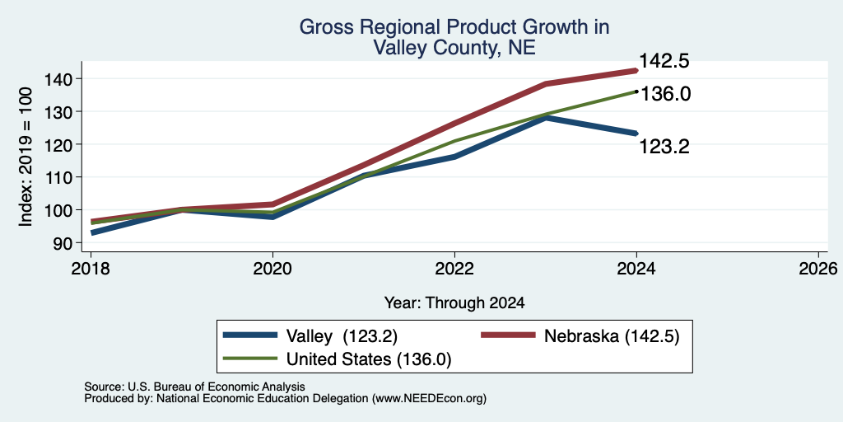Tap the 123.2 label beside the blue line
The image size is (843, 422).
point(664,147)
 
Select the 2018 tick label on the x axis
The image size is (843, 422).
point(91,269)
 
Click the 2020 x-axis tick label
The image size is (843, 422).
point(272,269)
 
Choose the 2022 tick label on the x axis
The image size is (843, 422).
point(454,269)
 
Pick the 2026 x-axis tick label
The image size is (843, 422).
point(818,269)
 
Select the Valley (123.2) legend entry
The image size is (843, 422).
point(310,336)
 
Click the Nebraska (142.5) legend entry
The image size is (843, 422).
point(580,336)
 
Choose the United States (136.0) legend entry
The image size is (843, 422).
point(337,359)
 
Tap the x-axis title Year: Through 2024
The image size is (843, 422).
point(454,303)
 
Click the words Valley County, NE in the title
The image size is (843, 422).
point(454,48)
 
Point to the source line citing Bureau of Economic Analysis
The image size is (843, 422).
point(194,387)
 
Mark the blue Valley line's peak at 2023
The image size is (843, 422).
point(546,117)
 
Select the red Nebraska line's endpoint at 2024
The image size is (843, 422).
point(636,70)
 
